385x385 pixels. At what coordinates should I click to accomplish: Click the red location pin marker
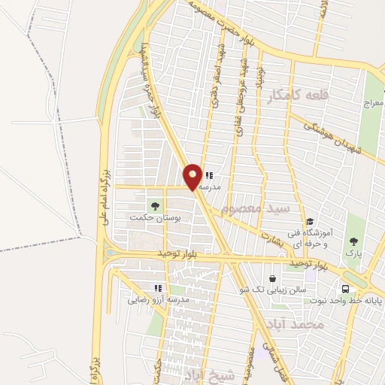193,176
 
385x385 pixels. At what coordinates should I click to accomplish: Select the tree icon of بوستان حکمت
156,205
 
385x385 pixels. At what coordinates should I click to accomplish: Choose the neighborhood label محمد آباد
294,324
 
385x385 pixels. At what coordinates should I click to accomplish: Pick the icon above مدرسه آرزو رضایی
158,287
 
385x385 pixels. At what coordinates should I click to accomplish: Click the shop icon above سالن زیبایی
272,278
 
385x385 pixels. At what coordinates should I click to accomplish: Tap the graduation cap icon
310,221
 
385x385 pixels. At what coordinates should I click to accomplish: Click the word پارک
353,253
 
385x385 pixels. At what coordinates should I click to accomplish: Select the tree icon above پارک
353,241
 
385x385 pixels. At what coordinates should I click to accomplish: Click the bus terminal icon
345,289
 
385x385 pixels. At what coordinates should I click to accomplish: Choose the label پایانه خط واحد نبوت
346,301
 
